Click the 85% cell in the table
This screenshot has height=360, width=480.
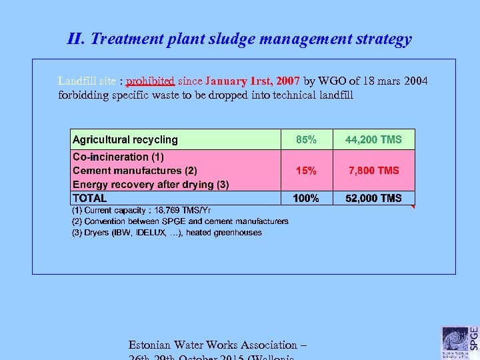(x=307, y=139)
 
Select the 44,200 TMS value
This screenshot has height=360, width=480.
(x=373, y=139)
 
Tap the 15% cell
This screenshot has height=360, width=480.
(x=307, y=171)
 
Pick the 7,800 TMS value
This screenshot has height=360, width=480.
(x=373, y=171)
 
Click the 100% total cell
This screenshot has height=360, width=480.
(x=307, y=198)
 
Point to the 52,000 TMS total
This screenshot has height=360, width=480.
(x=373, y=198)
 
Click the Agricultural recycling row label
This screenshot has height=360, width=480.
(x=125, y=139)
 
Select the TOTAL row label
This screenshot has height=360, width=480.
(x=90, y=198)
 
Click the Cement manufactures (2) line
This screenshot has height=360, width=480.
(x=135, y=171)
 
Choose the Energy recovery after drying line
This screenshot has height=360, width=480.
(x=151, y=184)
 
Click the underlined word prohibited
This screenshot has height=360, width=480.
(x=151, y=81)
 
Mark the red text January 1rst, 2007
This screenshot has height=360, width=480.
(x=253, y=81)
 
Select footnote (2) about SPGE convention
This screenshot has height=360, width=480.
(x=180, y=221)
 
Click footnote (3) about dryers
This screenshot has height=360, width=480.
(x=167, y=233)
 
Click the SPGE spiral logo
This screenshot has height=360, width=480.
(x=455, y=339)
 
